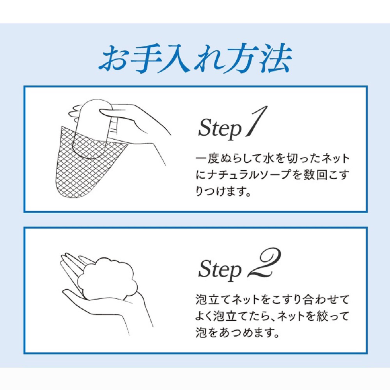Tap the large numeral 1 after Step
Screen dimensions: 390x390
[257, 122]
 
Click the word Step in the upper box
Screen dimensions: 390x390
[220, 129]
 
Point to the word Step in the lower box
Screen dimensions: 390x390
[220, 270]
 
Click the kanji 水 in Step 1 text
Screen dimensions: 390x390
[269, 159]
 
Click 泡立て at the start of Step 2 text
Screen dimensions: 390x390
[213, 300]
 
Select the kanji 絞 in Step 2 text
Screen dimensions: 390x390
[322, 316]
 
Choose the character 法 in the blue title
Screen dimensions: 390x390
[277, 59]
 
